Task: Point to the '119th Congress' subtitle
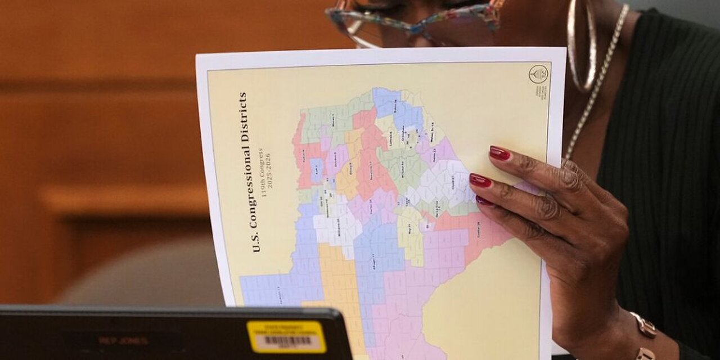pos(262,169)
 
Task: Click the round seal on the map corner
pos(538,74)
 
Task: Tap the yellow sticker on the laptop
pos(286,337)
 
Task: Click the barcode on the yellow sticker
pos(287,341)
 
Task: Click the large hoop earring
pos(582,45)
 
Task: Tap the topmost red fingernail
pos(499,153)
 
